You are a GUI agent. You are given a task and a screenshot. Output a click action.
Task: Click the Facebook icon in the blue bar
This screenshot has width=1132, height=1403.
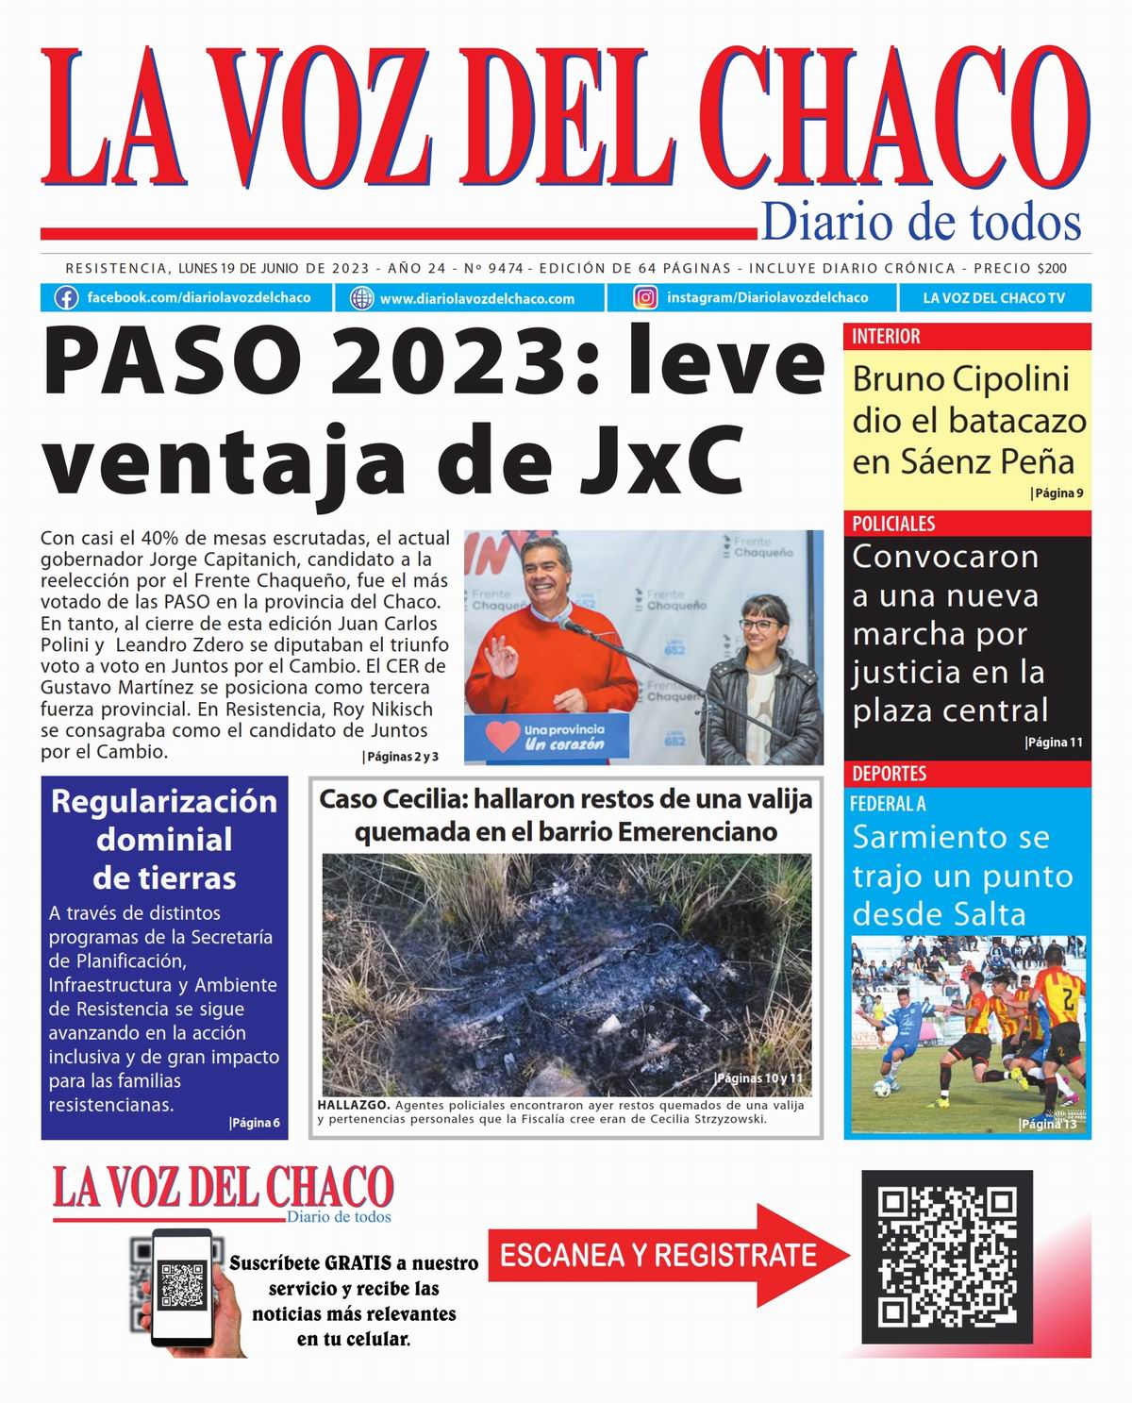point(66,298)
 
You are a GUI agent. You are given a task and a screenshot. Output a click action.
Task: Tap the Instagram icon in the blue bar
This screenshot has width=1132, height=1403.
point(645,298)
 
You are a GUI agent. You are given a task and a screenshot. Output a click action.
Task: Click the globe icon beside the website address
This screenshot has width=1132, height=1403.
point(361,298)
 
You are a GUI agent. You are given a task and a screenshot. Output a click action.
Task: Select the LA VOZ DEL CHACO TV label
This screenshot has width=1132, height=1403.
point(993,298)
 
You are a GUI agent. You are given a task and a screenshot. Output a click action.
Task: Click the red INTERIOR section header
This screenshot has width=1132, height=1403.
point(886,337)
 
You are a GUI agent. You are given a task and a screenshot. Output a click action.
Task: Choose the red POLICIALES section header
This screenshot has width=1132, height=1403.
point(893,524)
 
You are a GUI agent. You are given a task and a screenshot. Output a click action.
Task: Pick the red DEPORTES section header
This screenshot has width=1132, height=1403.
point(889,774)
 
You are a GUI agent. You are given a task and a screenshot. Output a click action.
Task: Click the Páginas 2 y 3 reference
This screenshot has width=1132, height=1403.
point(401,757)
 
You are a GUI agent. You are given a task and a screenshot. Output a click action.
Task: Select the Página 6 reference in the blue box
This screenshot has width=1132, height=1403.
point(255,1123)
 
